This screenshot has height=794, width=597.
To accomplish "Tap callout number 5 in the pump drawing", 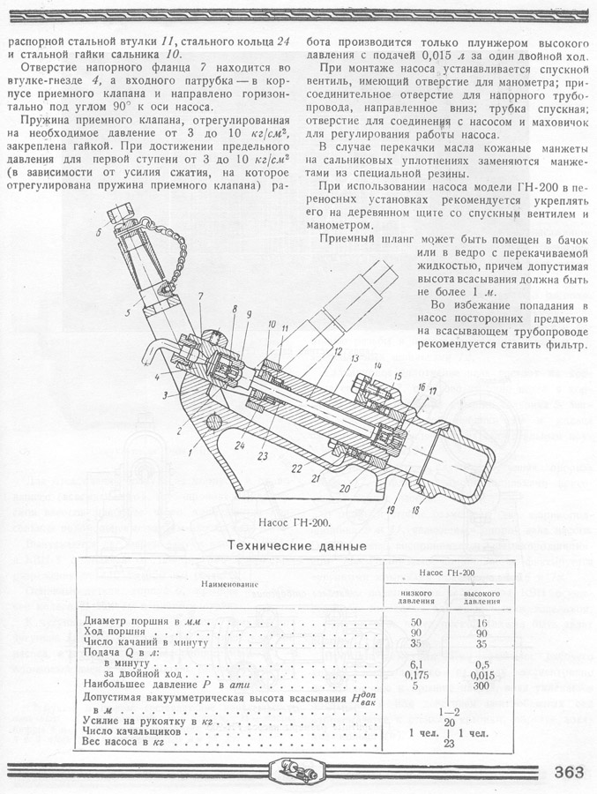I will tap(128, 312).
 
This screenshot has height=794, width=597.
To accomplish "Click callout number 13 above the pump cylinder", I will tap(353, 359).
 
